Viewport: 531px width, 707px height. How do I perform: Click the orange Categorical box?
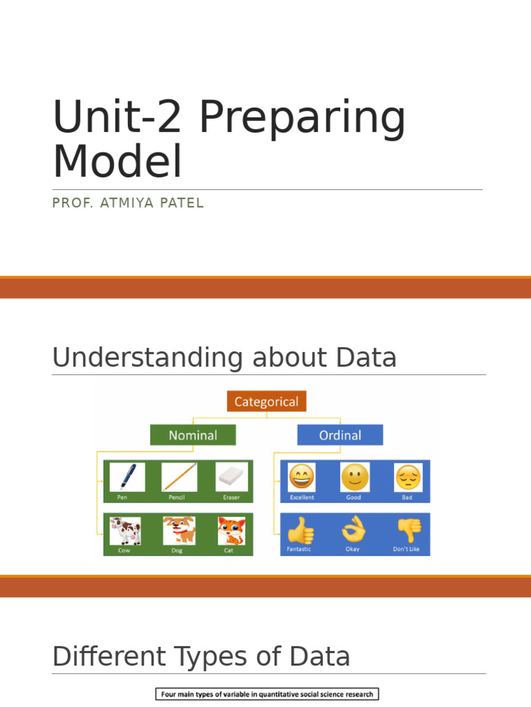(266, 401)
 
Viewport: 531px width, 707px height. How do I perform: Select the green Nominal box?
(193, 435)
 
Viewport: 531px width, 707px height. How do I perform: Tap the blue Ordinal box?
(339, 435)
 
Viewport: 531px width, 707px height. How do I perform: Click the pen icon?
(128, 477)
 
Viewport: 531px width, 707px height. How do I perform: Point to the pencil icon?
(179, 477)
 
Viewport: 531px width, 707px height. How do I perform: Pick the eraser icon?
(232, 477)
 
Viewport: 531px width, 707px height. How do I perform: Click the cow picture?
(126, 531)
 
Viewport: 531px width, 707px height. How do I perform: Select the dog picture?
(179, 531)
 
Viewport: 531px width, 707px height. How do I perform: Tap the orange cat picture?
(231, 531)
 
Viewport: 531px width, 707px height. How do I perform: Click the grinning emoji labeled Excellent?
(302, 476)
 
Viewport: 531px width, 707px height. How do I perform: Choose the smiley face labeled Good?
(355, 476)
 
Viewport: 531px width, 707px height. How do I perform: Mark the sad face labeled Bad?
(408, 476)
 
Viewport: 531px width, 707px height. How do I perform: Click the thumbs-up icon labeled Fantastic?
(300, 530)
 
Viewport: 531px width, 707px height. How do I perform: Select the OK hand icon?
(353, 530)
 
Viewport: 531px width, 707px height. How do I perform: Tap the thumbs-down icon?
(408, 530)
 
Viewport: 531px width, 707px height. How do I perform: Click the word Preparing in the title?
(303, 119)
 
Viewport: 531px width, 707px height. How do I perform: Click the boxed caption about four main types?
(266, 694)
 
